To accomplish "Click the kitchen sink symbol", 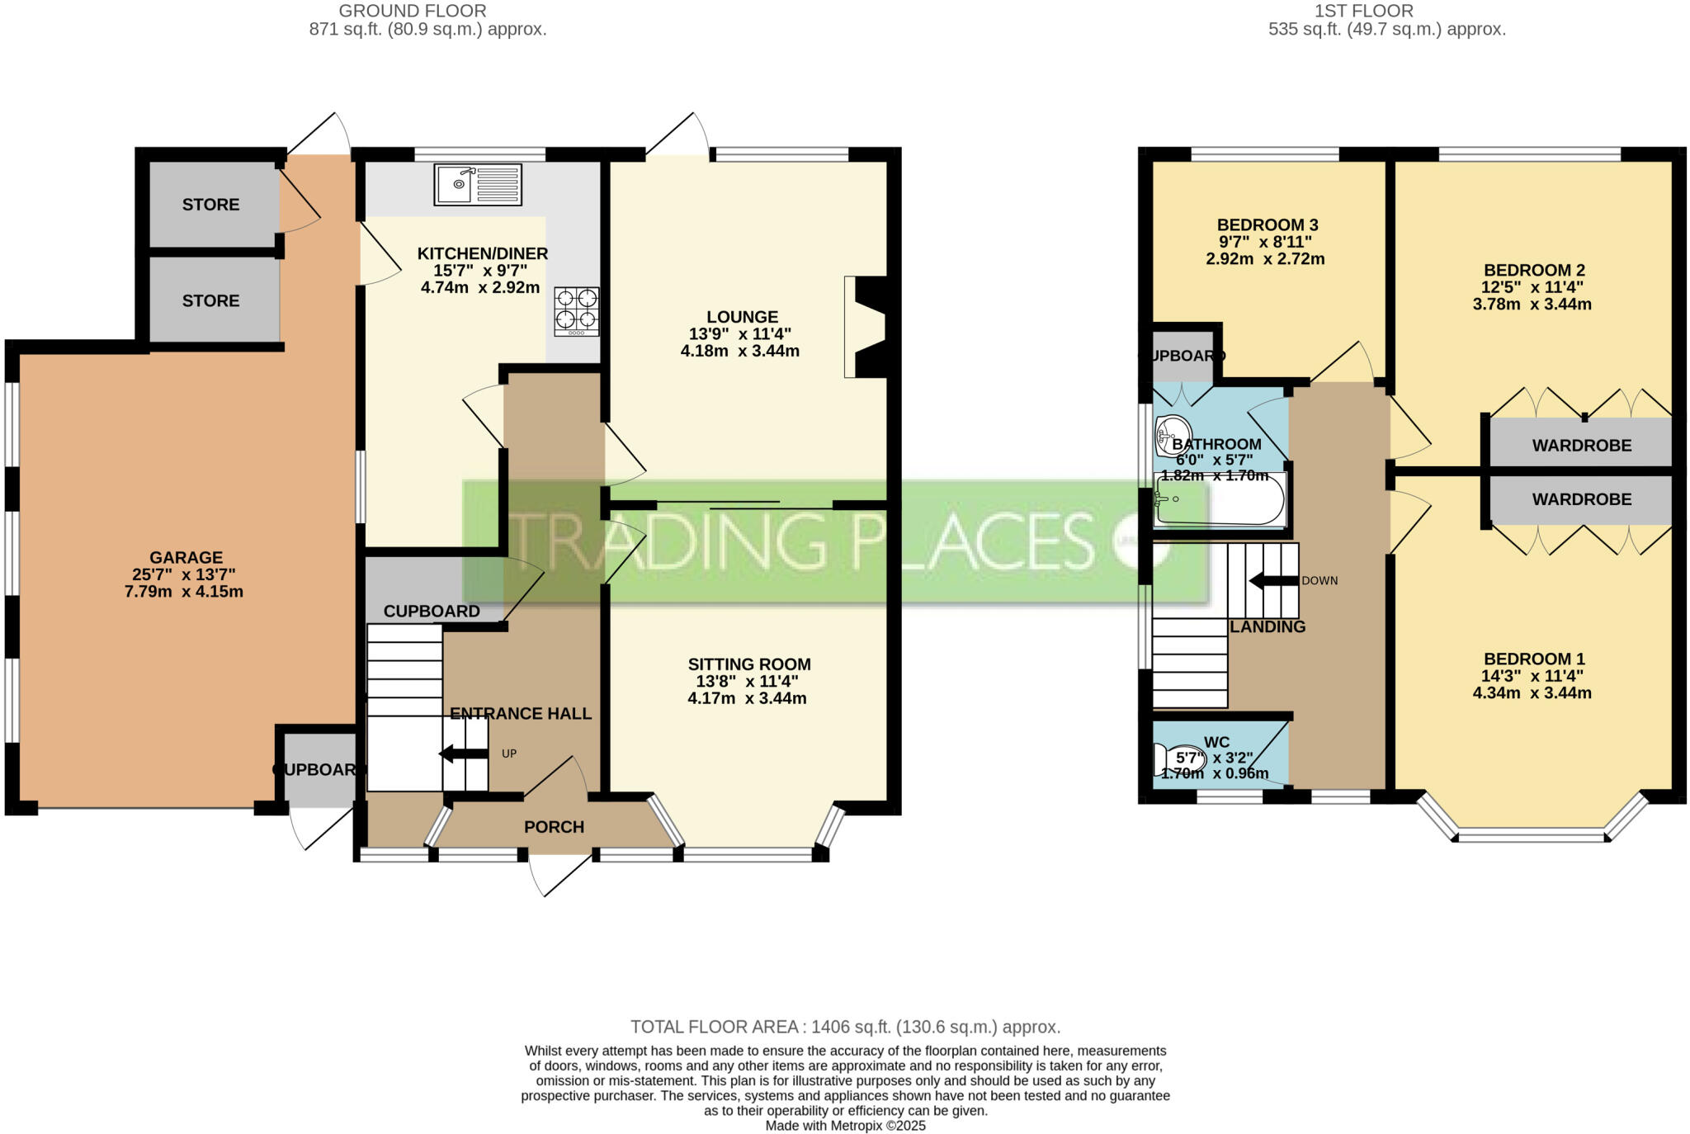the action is pyautogui.click(x=479, y=184).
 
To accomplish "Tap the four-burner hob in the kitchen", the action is pyautogui.click(x=577, y=311).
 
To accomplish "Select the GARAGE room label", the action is pyautogui.click(x=186, y=558).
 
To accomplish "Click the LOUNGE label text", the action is pyautogui.click(x=743, y=317).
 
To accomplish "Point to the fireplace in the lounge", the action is pyautogui.click(x=865, y=327).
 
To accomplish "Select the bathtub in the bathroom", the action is pyautogui.click(x=1220, y=498).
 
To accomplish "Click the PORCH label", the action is pyautogui.click(x=555, y=827).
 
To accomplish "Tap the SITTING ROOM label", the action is pyautogui.click(x=749, y=664).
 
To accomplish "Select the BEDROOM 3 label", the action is pyautogui.click(x=1267, y=224).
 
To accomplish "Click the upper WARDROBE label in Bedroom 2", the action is pyautogui.click(x=1582, y=446).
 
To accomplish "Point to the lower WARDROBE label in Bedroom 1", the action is pyautogui.click(x=1582, y=499).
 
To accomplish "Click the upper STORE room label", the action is pyautogui.click(x=211, y=205).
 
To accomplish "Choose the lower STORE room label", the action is pyautogui.click(x=211, y=301).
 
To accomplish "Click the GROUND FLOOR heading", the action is pyautogui.click(x=413, y=11).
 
